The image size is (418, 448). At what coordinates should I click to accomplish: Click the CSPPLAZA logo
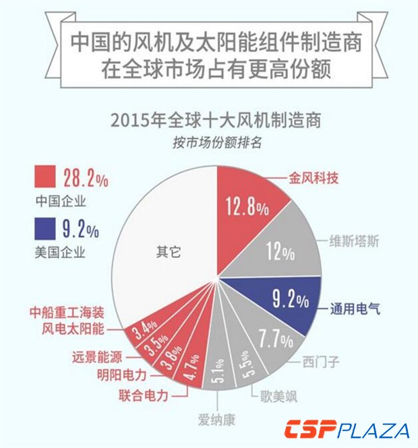coord(347,430)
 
